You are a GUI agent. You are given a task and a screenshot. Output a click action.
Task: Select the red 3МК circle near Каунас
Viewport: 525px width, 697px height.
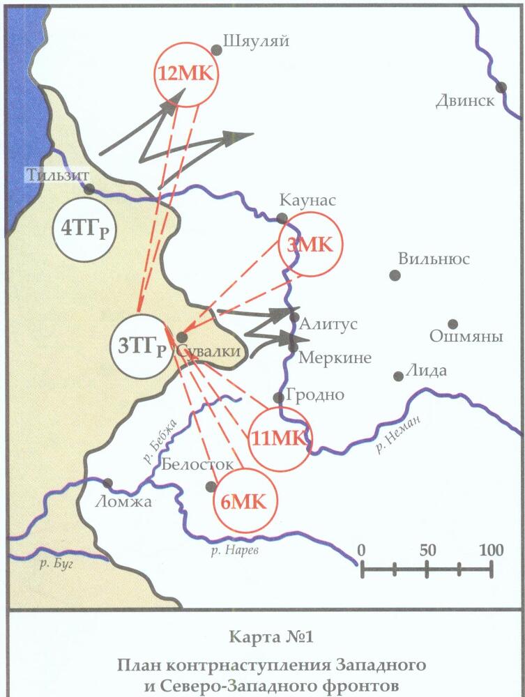[x=307, y=245]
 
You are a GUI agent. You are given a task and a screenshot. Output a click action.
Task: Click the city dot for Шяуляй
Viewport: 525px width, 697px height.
[x=217, y=49]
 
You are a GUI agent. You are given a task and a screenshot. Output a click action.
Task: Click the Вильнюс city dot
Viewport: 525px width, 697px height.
[x=395, y=275]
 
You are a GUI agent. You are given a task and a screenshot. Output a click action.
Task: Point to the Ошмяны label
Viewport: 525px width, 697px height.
[x=466, y=337]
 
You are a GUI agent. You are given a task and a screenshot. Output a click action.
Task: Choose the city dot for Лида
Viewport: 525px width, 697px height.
[x=398, y=376]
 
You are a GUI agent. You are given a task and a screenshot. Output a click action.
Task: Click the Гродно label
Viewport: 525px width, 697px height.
[x=315, y=395]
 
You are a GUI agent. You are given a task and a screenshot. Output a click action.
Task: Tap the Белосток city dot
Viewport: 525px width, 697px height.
[x=211, y=487]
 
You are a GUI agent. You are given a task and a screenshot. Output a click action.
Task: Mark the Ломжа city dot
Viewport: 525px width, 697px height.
[x=108, y=483]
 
